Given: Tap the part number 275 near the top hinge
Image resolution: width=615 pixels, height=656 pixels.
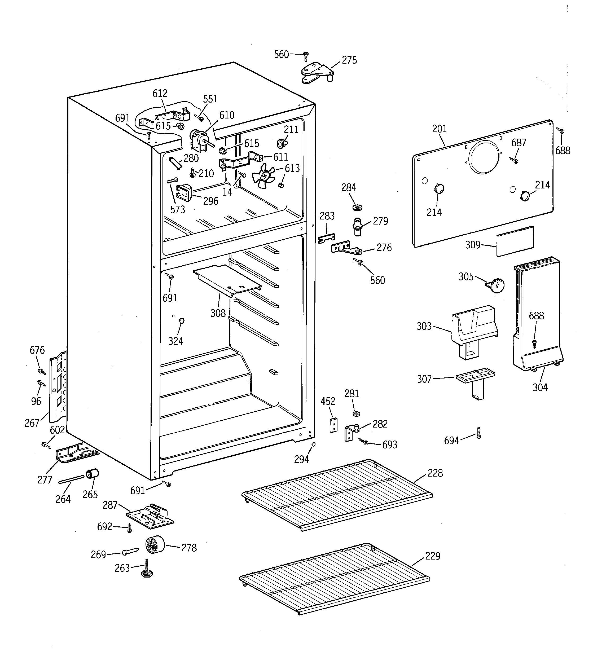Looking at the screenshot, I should click(x=349, y=60).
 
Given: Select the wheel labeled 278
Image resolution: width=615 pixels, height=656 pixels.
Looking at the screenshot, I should click(x=155, y=544).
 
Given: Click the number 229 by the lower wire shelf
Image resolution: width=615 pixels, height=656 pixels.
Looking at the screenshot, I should click(x=432, y=556).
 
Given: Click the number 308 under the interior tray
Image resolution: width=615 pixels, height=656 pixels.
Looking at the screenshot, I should click(x=218, y=313).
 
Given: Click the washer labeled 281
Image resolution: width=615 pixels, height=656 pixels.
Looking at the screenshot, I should click(x=356, y=414).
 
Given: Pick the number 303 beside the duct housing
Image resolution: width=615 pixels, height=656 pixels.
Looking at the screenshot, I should click(x=424, y=326).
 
